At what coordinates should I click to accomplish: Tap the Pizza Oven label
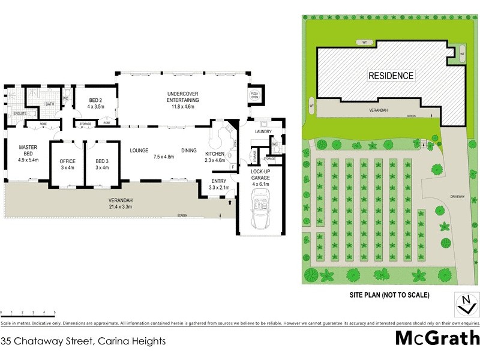tap(253, 97)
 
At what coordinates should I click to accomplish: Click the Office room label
tap(67, 164)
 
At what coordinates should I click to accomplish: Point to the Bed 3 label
tap(103, 164)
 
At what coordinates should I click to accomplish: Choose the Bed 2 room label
tap(96, 103)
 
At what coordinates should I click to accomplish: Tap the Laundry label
tap(264, 131)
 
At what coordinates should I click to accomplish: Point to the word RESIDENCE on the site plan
tap(391, 76)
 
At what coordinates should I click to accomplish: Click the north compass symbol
tap(463, 304)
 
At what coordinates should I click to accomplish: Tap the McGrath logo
tap(437, 337)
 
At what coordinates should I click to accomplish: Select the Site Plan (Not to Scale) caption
tap(389, 296)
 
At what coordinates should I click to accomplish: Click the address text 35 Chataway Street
tap(83, 340)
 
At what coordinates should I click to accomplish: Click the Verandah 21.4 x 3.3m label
tap(120, 203)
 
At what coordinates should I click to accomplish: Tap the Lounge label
tap(139, 151)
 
